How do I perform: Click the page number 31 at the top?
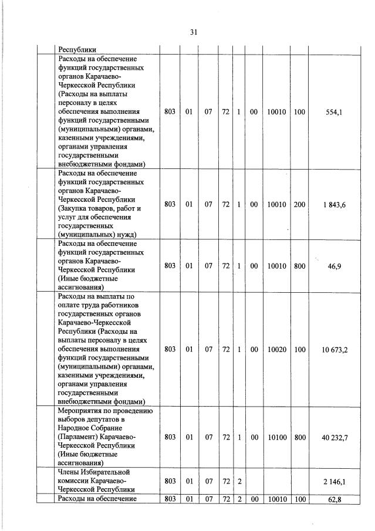coord(192,33)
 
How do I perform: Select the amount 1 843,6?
coord(335,204)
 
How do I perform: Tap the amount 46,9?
coord(335,266)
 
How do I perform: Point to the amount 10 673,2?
coord(334,349)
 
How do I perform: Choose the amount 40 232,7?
coord(334,437)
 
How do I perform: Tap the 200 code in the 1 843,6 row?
coord(299,204)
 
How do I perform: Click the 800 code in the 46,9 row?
coord(299,266)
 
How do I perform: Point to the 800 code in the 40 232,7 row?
coord(299,437)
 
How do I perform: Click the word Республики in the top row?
coord(77,50)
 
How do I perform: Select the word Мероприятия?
coord(81,411)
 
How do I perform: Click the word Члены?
coord(69,472)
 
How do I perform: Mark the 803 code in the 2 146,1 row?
coord(170,481)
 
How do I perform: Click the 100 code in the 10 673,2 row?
coord(299,349)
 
